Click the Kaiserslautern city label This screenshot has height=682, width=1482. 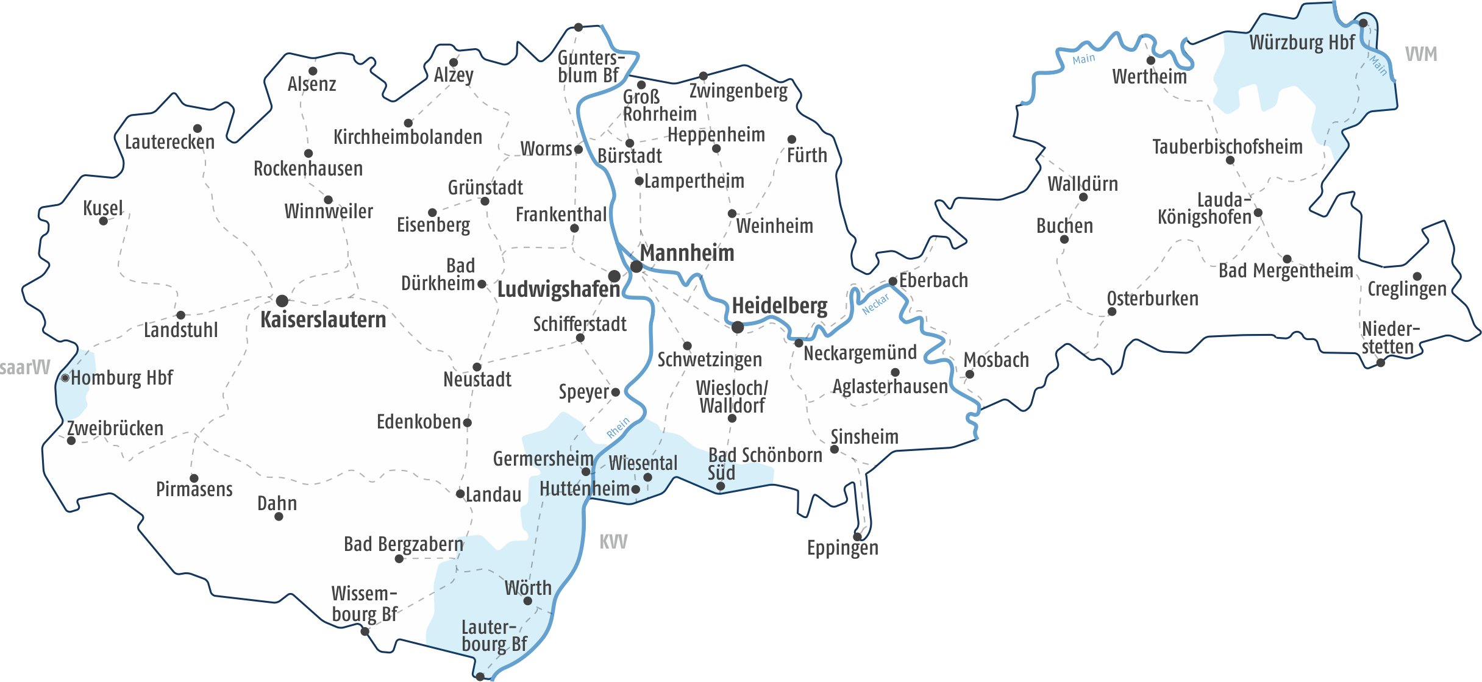click(x=323, y=320)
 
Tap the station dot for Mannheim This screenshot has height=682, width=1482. click(x=636, y=266)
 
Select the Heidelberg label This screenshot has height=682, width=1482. click(x=779, y=305)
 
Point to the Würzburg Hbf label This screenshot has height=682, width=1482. click(x=1302, y=43)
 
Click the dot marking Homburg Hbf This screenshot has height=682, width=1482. click(x=65, y=378)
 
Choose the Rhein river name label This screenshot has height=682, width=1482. click(x=618, y=428)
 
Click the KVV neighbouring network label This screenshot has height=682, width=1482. click(x=613, y=542)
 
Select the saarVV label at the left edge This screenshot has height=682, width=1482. click(x=25, y=368)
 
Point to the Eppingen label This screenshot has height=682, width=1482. click(x=843, y=548)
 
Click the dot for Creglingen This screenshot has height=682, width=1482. click(x=1417, y=276)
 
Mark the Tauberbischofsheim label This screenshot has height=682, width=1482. click(x=1227, y=147)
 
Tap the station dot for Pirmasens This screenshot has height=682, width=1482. click(x=194, y=478)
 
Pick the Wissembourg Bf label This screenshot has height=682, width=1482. click(x=364, y=604)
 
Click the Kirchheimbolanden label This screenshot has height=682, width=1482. click(x=407, y=137)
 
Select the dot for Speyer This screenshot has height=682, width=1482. click(x=616, y=392)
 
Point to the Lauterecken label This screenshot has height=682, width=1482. click(x=169, y=143)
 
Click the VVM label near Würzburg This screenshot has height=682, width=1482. click(x=1421, y=54)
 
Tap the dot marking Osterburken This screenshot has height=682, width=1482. click(x=1112, y=311)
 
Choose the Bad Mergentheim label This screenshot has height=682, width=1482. click(x=1286, y=271)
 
